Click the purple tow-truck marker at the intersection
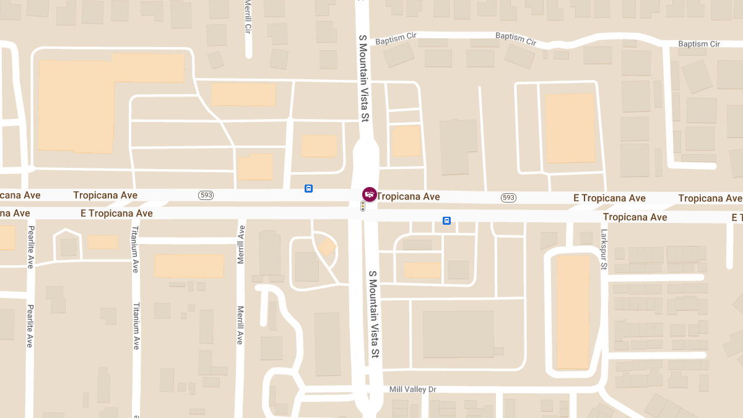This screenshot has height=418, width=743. (x=369, y=194)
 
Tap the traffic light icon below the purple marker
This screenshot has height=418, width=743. (x=363, y=206)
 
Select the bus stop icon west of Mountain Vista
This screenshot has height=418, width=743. (x=308, y=188)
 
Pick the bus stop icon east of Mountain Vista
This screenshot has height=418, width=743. (x=446, y=220)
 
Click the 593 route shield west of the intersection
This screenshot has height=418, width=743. (x=206, y=195)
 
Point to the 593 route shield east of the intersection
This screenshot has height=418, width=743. (x=508, y=198)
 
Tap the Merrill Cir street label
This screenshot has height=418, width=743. (x=248, y=16)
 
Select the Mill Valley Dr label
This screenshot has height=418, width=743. (x=412, y=389)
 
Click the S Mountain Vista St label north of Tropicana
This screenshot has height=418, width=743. (x=364, y=77)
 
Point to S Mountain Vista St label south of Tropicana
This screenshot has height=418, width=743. (x=373, y=315)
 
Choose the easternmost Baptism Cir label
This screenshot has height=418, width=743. (x=699, y=44)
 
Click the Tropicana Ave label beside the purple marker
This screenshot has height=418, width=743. (x=408, y=197)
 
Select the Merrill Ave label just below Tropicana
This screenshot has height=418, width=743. (x=241, y=245)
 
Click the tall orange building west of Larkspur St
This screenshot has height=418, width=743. (x=573, y=312)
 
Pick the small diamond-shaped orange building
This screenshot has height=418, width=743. (x=327, y=247)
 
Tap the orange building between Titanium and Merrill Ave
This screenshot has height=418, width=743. (x=189, y=266)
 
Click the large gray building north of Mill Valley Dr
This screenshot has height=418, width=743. (x=458, y=334)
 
